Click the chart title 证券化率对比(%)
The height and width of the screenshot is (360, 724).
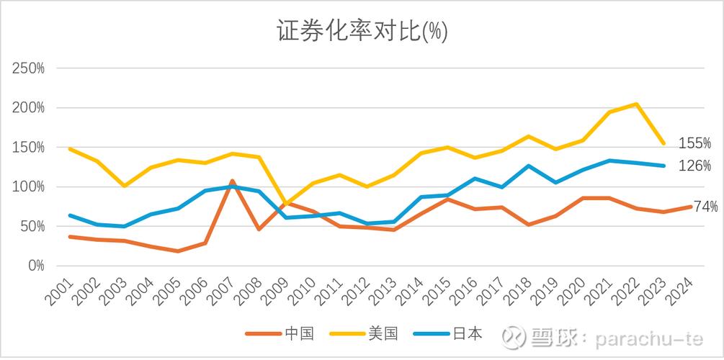coord(362,31)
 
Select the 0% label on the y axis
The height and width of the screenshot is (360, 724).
coord(35,266)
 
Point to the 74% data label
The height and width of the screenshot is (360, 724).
coord(705,207)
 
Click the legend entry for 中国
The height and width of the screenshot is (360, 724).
coord(281,334)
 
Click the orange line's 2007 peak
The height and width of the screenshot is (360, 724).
coord(232,181)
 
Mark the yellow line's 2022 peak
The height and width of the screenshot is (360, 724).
coord(636,104)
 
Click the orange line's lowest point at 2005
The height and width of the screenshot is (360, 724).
coord(177,251)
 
